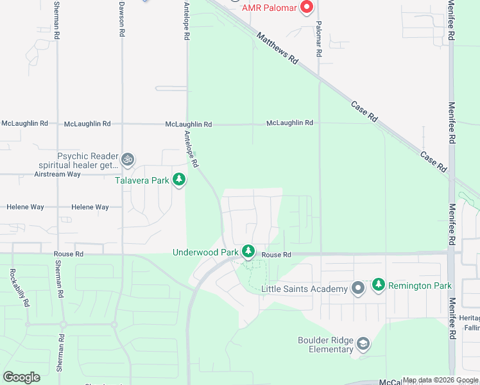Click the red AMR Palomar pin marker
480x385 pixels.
(x=307, y=8)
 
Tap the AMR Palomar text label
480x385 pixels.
(x=270, y=8)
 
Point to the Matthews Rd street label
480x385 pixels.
(x=277, y=48)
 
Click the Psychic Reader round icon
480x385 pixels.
(x=128, y=158)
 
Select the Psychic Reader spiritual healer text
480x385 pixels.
(x=89, y=160)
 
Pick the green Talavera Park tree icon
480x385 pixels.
(x=180, y=180)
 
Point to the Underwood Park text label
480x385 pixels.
(x=205, y=252)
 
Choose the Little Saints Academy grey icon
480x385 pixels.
(x=358, y=288)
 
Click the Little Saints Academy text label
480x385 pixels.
(x=304, y=289)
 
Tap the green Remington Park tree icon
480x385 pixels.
(x=379, y=285)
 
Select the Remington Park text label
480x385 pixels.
(x=420, y=286)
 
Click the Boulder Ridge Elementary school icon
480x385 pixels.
(x=363, y=345)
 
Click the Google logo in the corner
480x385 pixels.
(x=22, y=377)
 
